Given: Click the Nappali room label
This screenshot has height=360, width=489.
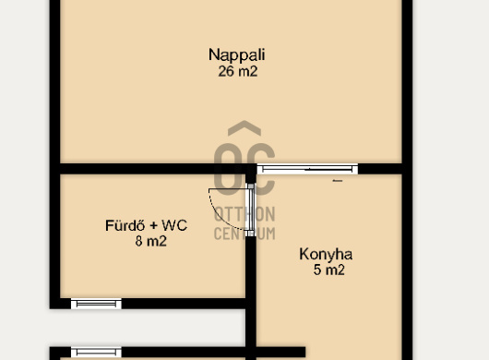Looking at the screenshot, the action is point(237,55).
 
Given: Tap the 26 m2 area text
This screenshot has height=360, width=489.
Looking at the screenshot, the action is point(238,71).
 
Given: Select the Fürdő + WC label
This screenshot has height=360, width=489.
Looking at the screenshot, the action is point(146,225).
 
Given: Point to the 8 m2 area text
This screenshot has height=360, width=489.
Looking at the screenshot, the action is point(151,241).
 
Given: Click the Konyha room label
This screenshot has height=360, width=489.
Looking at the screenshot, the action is point(326,254).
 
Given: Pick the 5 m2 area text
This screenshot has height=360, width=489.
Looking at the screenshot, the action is point(329,270).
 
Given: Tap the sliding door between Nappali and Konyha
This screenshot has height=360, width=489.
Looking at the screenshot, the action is point(307,169).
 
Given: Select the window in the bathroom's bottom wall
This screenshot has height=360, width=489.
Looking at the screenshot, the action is point(96,304).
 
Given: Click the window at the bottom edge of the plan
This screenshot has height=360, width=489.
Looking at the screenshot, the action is point(96,353).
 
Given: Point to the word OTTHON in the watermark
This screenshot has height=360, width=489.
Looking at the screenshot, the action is point(244,214).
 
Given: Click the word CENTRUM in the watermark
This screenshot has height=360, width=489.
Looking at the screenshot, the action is point(244,234).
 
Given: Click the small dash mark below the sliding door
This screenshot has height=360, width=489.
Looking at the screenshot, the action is point(338,181).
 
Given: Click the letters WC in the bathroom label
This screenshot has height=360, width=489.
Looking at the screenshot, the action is point(174,225).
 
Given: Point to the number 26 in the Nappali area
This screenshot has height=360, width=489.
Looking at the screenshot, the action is point(226,71).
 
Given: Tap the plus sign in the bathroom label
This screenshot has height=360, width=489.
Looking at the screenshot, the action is point(153,226).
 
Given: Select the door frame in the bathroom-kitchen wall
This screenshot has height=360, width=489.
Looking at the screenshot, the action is point(251,210).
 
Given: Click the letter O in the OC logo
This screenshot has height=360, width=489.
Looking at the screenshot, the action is point(229,168).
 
